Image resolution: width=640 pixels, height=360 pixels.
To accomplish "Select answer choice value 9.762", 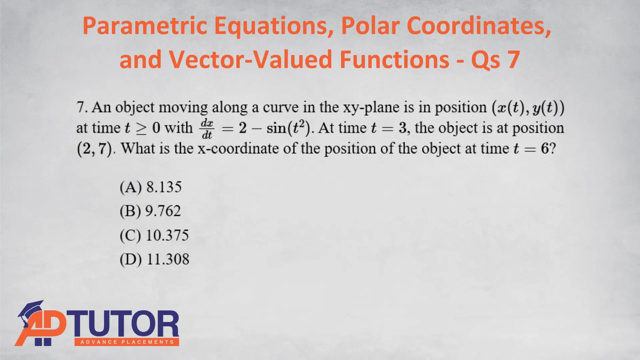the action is coord(163,211).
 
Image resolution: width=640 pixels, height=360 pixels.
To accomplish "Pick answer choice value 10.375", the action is coord(167,235).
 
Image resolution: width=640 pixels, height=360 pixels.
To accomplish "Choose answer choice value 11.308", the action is coord(168,259).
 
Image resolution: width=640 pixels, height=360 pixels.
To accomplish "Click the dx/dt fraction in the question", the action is coord(207,128).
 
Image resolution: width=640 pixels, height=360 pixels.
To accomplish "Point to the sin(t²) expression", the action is coord(288,128).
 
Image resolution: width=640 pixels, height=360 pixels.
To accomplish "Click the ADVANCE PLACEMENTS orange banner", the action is coord(127,342).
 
